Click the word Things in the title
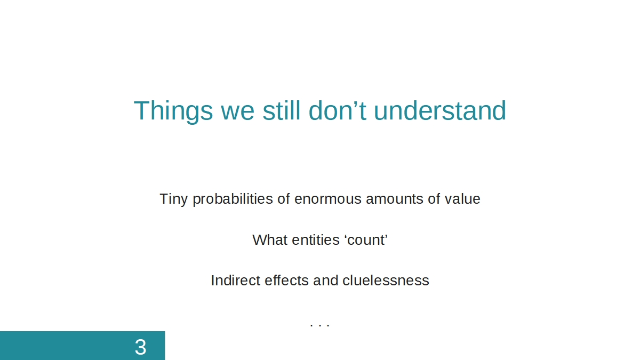(173, 111)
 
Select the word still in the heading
(282, 110)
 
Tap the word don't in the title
(338, 110)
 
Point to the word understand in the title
(440, 110)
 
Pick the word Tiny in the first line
(173, 199)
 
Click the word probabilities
(233, 199)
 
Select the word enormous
(328, 199)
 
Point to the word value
(462, 198)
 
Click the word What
(270, 240)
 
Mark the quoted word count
(366, 240)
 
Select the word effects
(286, 281)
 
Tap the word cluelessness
(386, 281)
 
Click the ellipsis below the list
(320, 325)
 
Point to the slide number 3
(140, 347)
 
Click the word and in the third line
(326, 281)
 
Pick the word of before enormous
(284, 198)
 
